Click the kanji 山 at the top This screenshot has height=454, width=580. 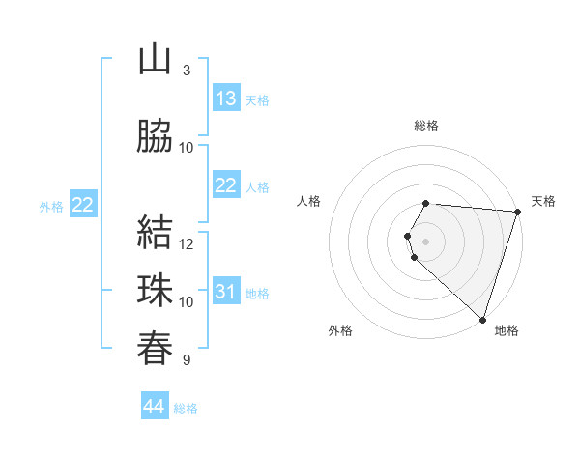[x=155, y=59]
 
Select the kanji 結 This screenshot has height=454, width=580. [x=155, y=232]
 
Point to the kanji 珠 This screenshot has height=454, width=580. [x=155, y=290]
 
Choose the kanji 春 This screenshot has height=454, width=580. [x=155, y=348]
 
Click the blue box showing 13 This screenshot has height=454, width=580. [x=226, y=99]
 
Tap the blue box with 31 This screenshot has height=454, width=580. [x=226, y=293]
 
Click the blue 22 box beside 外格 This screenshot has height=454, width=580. [x=82, y=205]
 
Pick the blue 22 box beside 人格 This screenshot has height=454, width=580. [x=226, y=185]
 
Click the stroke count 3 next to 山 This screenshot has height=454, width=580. [x=187, y=71]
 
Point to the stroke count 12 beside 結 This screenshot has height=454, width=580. [x=187, y=243]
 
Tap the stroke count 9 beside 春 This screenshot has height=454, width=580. [x=187, y=360]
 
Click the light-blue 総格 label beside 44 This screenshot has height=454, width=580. [x=186, y=409]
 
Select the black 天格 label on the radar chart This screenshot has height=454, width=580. [x=543, y=201]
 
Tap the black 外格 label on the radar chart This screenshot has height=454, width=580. [x=340, y=330]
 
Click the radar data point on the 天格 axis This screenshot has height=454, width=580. [x=517, y=211]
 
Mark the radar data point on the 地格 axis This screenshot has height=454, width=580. [x=482, y=319]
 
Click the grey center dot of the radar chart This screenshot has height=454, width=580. [x=426, y=241]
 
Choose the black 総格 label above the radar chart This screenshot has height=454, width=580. [x=426, y=126]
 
